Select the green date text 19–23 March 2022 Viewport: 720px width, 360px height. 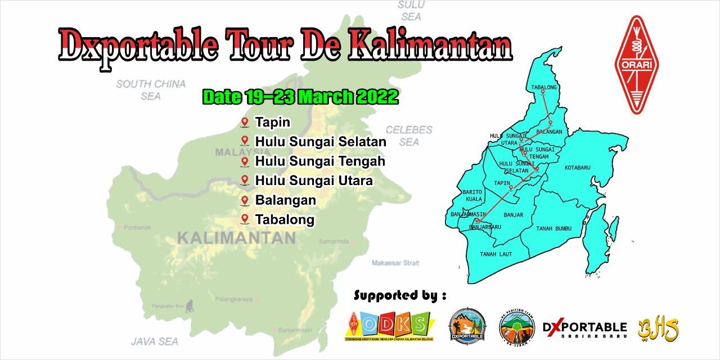coord(300,97)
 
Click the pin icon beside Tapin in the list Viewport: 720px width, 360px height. coord(245,122)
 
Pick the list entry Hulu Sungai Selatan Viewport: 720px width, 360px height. coord(320,142)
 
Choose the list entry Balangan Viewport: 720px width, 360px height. coord(285,200)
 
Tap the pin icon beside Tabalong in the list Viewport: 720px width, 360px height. coord(245,219)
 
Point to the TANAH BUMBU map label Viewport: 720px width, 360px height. coord(553,228)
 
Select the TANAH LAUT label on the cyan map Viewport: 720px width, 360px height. coord(496,254)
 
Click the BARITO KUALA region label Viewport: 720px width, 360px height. coord(472,195)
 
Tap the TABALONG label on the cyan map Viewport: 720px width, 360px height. coord(543,87)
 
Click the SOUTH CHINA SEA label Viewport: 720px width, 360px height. coord(151,90)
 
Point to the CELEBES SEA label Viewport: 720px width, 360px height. coord(409,136)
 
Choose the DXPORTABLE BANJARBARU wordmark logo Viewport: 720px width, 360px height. coord(584,329)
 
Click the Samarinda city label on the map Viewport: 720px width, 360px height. coord(334,241)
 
